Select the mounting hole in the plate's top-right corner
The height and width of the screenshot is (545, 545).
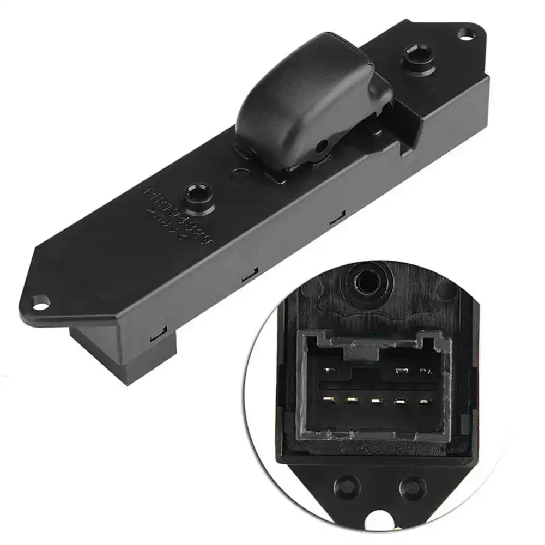click(x=465, y=38)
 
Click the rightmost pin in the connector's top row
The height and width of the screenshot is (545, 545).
click(x=423, y=372)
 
